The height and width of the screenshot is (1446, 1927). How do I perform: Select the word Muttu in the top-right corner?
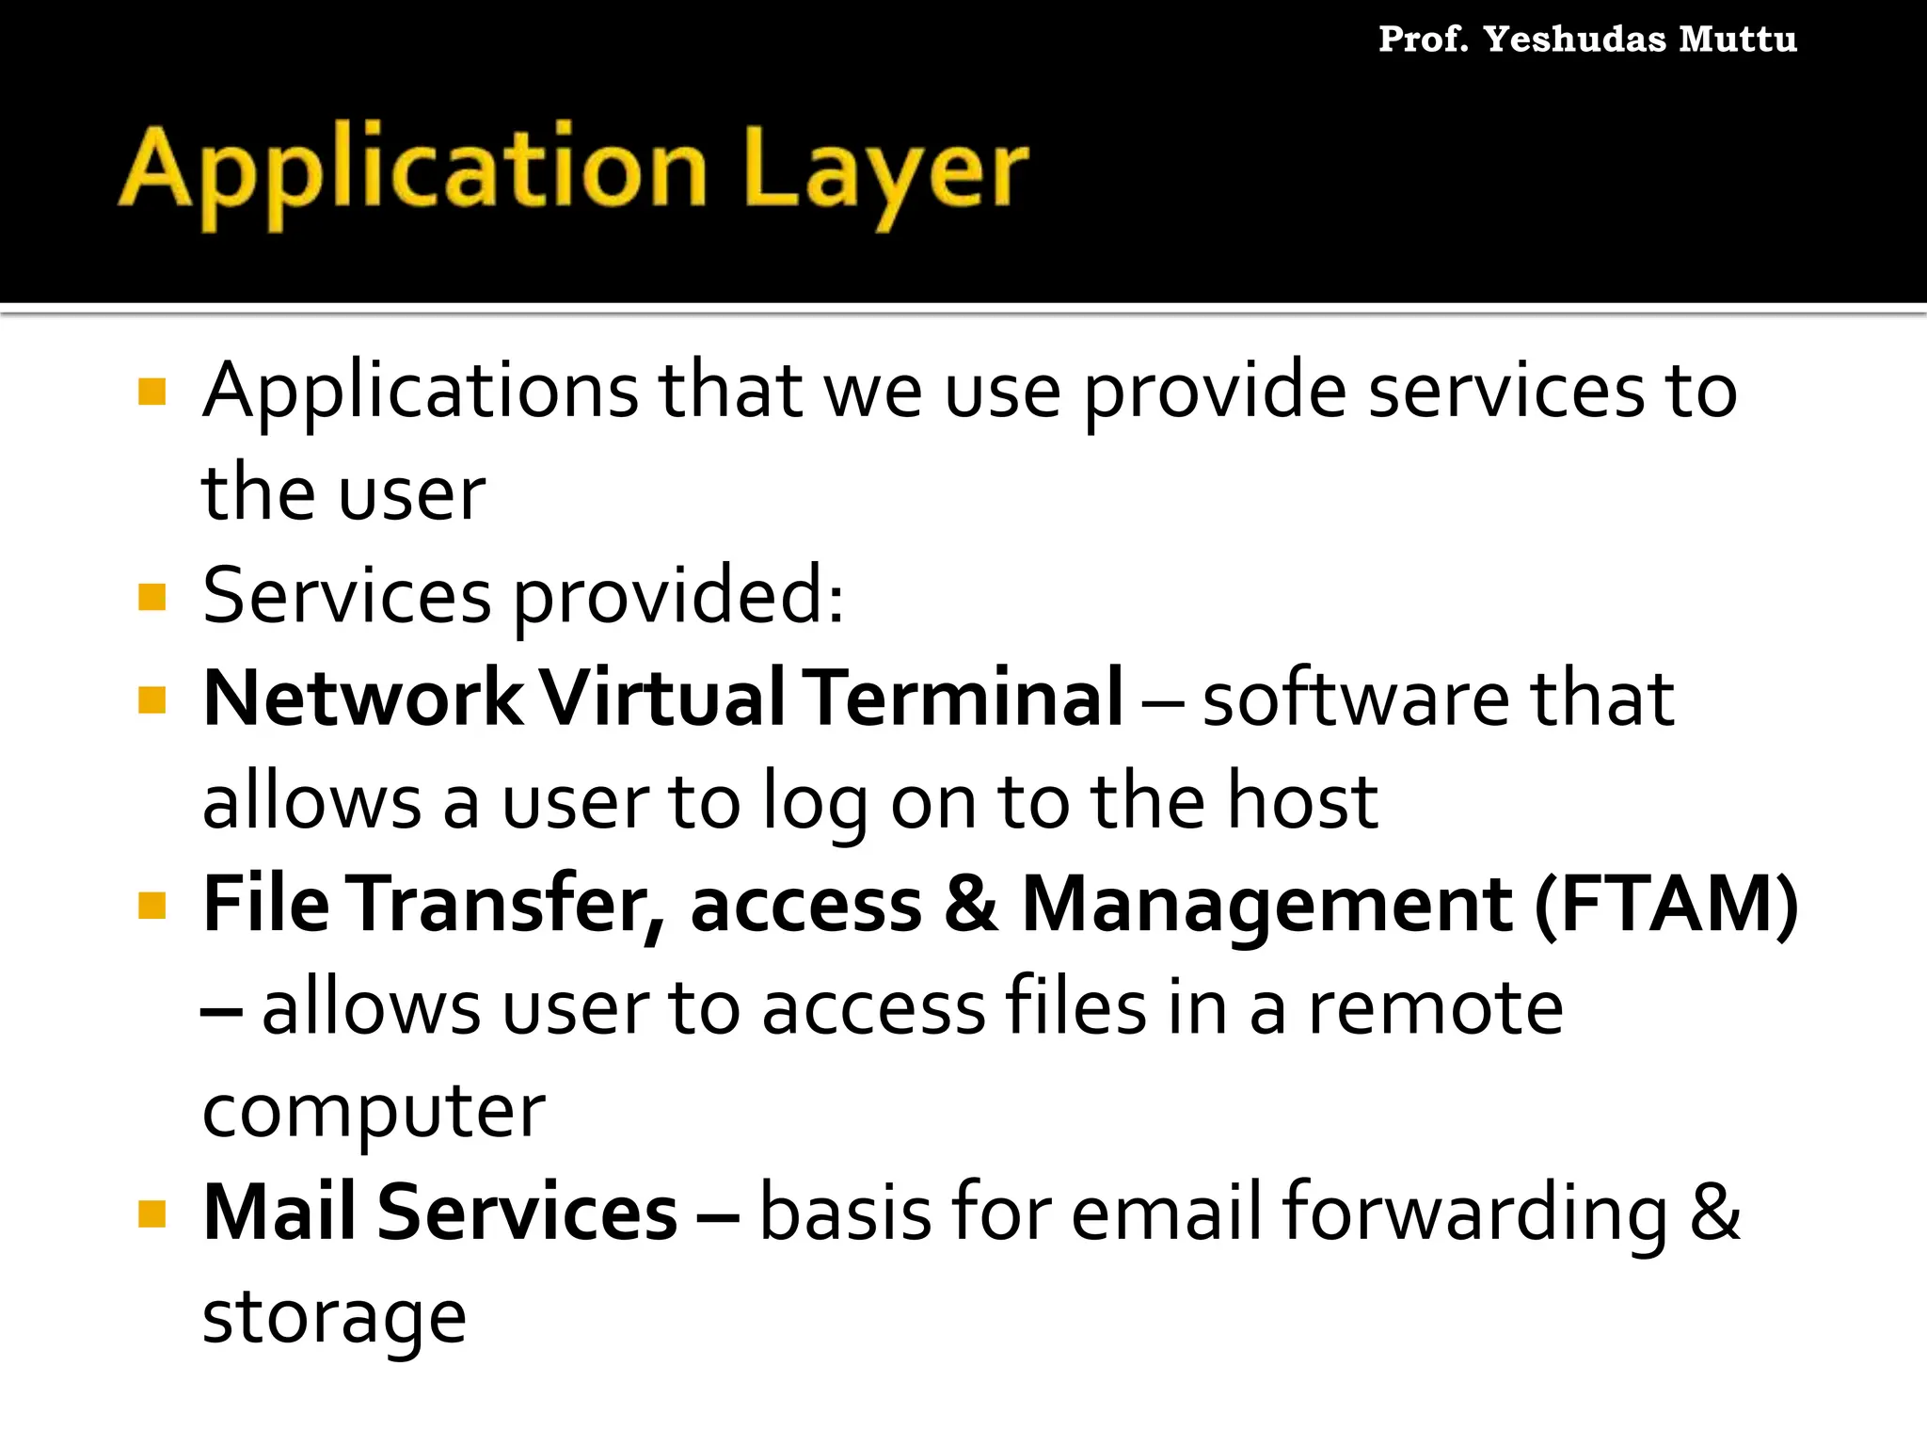click(1738, 40)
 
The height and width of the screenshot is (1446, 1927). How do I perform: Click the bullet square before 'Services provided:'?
click(151, 597)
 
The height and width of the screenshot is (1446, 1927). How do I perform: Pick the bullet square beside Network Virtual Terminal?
click(151, 699)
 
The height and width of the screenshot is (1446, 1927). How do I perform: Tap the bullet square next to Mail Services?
click(151, 1213)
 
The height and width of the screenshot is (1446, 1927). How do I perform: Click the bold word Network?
click(362, 699)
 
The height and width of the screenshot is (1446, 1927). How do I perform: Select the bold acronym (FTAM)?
click(1665, 905)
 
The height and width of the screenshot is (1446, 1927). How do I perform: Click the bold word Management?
click(1266, 905)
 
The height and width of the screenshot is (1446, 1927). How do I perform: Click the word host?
click(1303, 802)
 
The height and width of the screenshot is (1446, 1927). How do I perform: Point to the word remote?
click(1436, 1008)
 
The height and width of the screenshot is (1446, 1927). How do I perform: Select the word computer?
click(374, 1112)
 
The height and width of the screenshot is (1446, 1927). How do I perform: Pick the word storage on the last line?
click(334, 1317)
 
